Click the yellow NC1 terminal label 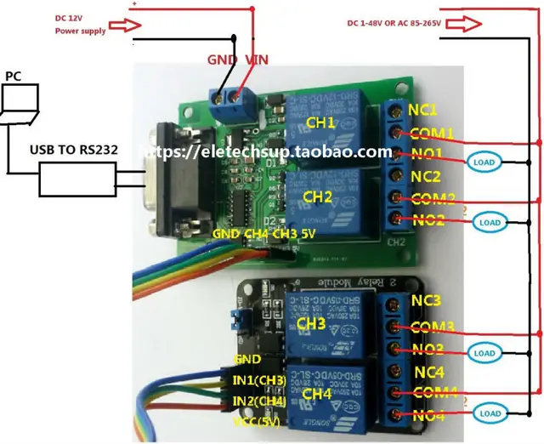coord(422,111)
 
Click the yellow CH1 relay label coord(320,124)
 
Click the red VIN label coord(258,60)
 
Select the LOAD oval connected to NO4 coord(488,414)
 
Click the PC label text coord(13,76)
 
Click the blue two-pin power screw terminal coord(234,96)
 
